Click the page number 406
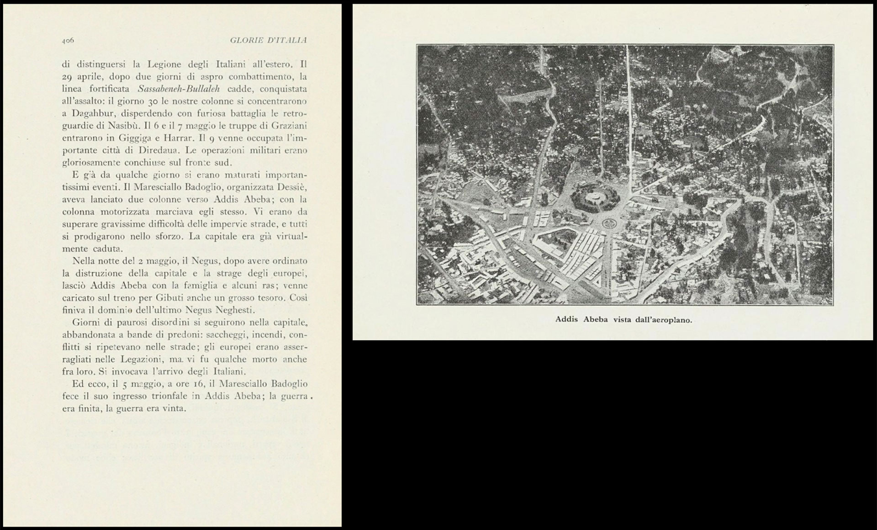tap(68, 41)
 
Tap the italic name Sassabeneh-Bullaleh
tap(179, 89)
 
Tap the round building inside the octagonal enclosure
tap(594, 197)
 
